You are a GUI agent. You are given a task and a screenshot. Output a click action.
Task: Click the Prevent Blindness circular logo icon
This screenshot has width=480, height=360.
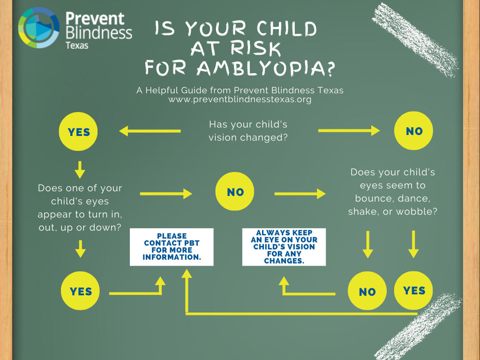(x=38, y=28)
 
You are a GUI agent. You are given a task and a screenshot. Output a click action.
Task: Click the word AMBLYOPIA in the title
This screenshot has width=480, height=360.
(x=266, y=68)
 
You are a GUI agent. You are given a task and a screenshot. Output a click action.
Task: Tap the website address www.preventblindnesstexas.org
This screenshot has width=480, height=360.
(x=240, y=99)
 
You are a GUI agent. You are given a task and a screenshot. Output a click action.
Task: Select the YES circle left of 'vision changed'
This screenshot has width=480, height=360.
(x=78, y=132)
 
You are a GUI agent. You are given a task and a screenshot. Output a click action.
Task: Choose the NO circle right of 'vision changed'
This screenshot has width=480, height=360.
(x=413, y=131)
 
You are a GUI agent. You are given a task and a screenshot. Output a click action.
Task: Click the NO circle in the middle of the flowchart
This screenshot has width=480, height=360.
(x=235, y=191)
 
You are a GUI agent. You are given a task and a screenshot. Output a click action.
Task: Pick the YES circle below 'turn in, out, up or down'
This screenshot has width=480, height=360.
(x=80, y=291)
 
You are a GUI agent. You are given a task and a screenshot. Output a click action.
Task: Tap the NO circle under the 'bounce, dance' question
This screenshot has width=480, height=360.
(x=367, y=291)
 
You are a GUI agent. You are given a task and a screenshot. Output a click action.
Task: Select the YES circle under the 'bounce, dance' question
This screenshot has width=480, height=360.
(x=413, y=290)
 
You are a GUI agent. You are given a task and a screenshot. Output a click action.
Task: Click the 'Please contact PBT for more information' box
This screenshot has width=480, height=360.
(x=172, y=247)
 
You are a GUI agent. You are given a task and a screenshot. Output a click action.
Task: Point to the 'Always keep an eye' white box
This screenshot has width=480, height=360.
(x=284, y=247)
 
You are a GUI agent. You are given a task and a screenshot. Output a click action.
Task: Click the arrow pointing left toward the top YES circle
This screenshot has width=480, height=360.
(x=150, y=131)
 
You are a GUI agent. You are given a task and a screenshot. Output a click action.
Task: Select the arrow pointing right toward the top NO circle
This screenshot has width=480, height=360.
(x=349, y=131)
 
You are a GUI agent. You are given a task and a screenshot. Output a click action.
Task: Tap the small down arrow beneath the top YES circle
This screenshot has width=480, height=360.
(x=80, y=170)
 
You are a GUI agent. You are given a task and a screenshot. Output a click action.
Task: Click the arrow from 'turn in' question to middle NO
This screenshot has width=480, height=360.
(x=166, y=194)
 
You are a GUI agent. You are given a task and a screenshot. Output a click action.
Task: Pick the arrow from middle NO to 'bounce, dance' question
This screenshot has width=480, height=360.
(x=300, y=194)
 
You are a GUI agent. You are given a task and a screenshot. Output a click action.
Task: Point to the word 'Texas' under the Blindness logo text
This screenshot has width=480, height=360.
(x=77, y=45)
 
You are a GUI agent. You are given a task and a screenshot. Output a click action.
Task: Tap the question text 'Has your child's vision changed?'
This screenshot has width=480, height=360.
(x=248, y=131)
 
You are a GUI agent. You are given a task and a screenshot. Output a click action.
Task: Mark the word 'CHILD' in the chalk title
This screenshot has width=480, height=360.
(x=286, y=29)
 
